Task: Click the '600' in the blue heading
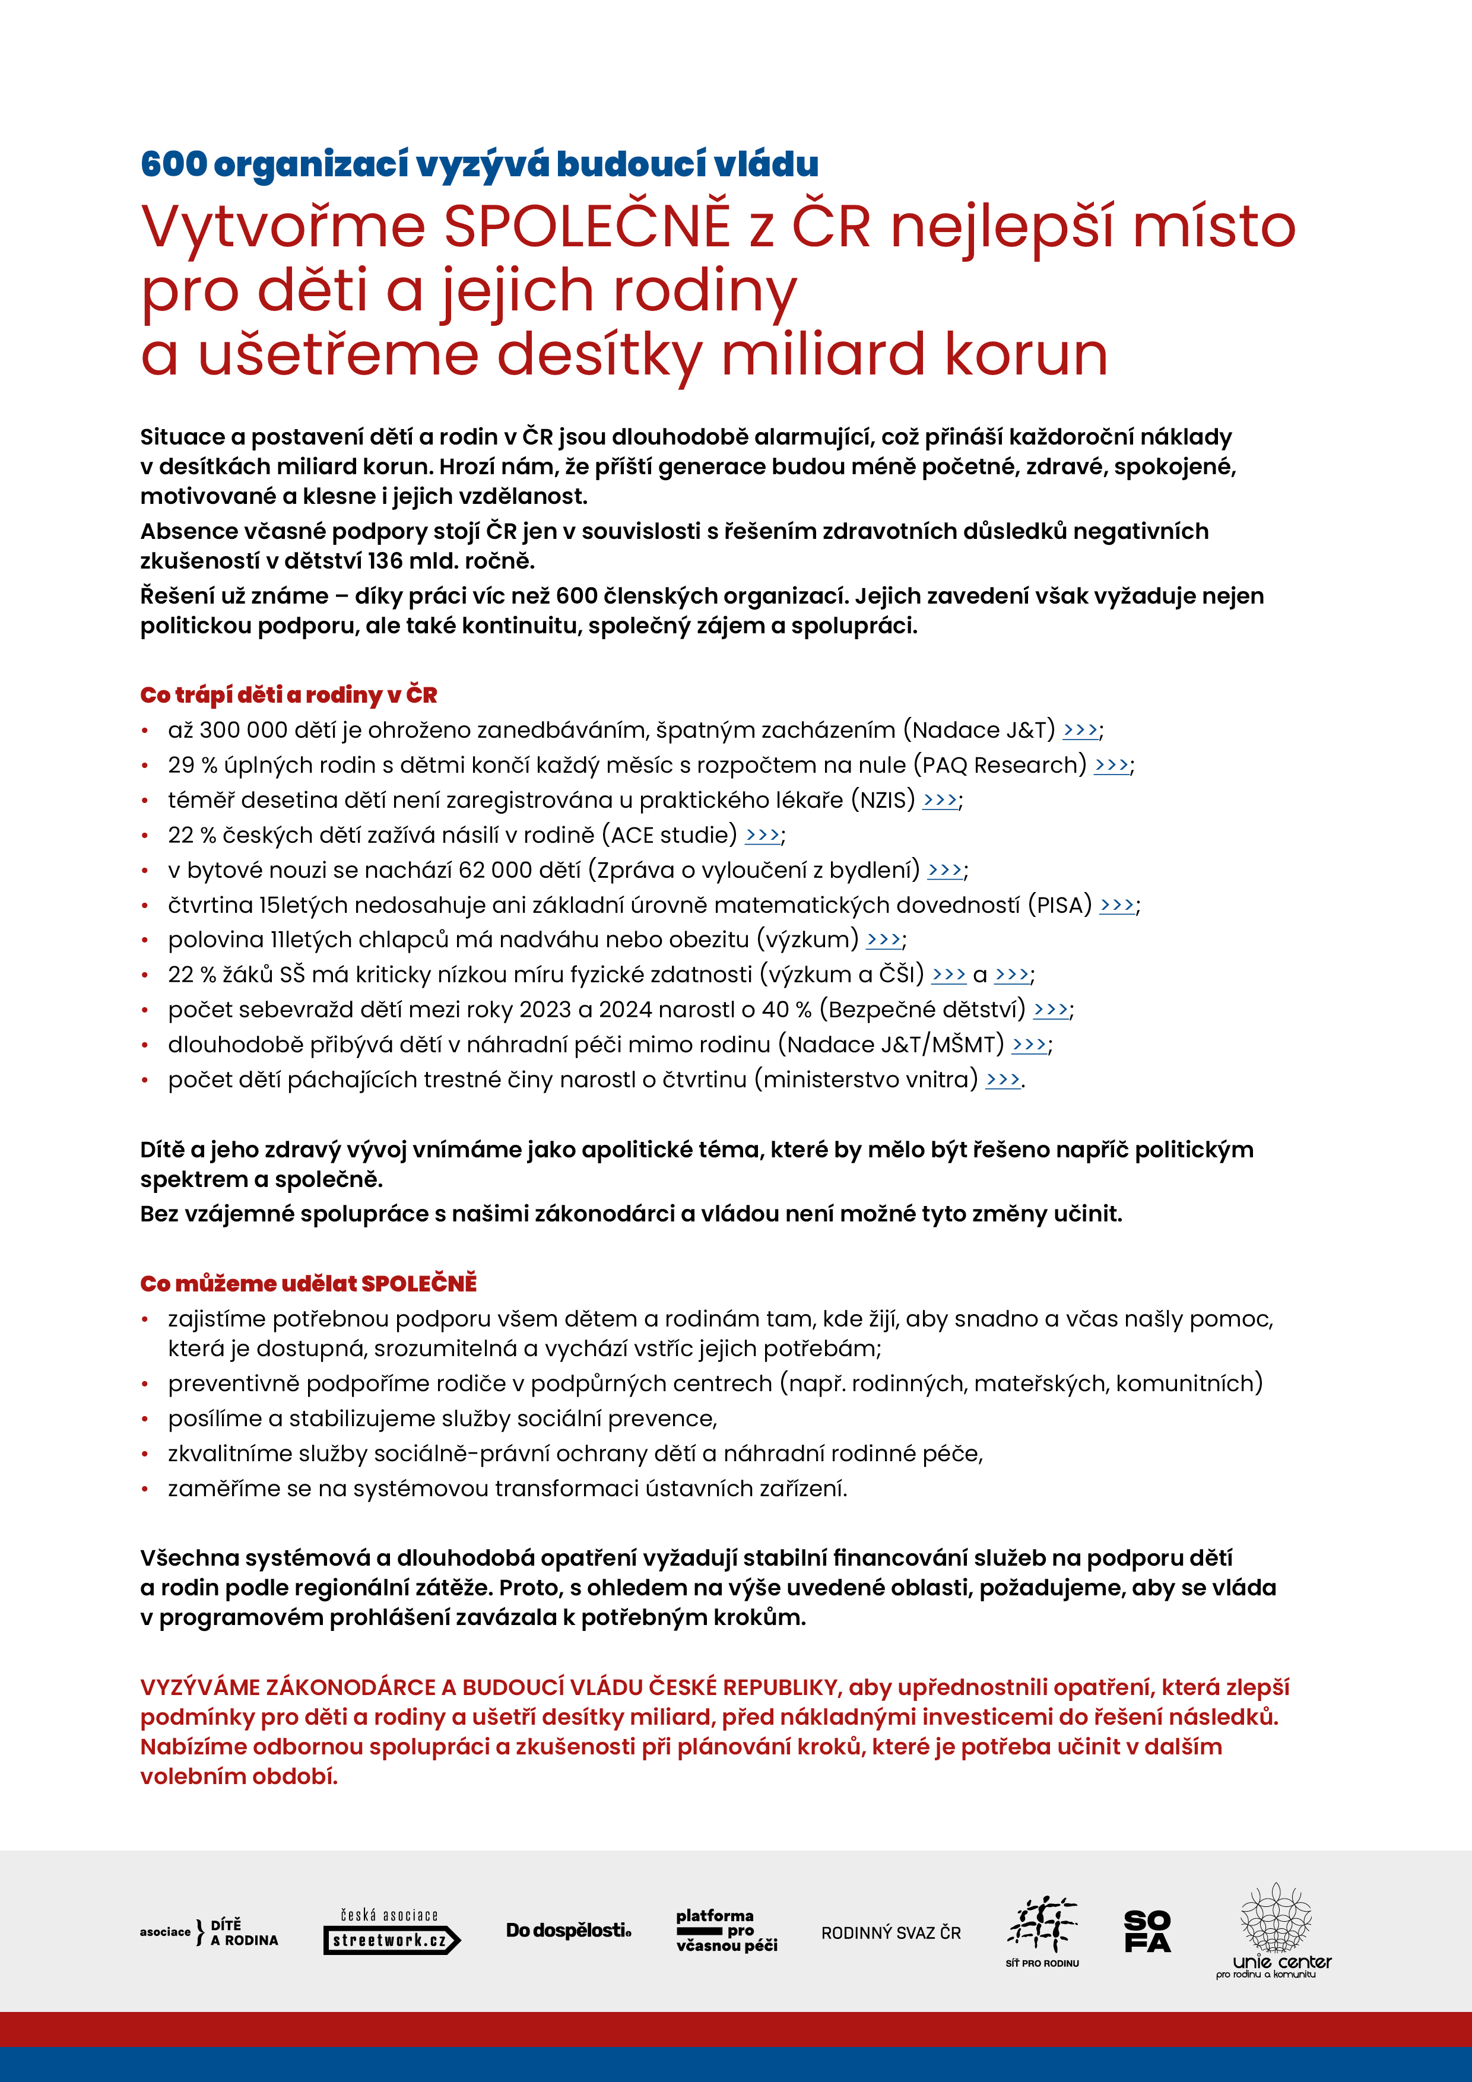174,164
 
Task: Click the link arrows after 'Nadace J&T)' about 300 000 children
1079,730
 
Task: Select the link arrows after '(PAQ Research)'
1111,766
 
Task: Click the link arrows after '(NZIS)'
940,800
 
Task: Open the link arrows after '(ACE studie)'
762,835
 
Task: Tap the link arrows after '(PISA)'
1116,905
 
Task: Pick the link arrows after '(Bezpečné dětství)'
1050,1010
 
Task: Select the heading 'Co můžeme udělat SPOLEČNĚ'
309,1283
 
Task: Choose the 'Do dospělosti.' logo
569,1931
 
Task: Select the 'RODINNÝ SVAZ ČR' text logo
891,1932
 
